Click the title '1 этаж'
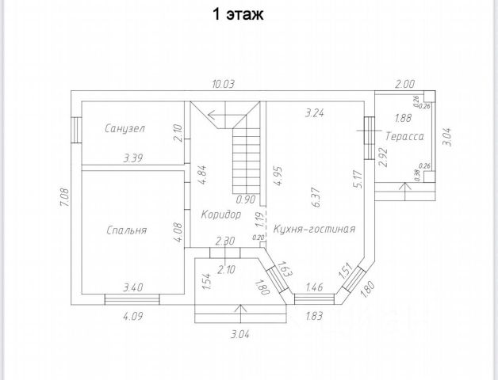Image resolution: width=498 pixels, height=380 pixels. (237, 13)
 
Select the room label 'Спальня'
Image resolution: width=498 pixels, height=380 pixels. (127, 231)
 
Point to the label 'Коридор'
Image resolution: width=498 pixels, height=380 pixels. (221, 215)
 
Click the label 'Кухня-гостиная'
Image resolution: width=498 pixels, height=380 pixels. (314, 229)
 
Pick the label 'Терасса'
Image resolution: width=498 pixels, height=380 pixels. (404, 137)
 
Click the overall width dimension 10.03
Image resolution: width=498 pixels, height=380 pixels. (223, 84)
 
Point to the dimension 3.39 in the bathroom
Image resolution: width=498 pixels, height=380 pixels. (133, 159)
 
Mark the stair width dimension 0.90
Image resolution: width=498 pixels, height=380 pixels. (246, 199)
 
